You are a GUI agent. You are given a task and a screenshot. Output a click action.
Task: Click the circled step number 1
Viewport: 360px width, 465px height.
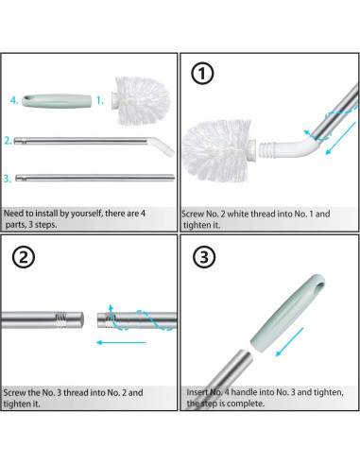coord(202,74)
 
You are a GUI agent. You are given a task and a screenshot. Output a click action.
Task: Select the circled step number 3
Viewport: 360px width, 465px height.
coord(204,256)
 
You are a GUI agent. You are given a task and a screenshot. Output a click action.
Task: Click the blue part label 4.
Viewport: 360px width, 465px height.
coord(14,100)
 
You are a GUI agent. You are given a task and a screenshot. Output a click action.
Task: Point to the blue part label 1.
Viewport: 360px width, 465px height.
coord(99,100)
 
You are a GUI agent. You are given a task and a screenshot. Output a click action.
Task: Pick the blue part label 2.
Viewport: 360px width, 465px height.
coord(8,141)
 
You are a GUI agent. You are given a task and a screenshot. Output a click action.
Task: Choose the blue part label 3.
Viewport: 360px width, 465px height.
coord(8,179)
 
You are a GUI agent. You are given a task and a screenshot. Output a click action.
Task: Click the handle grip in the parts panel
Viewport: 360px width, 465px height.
coord(57,101)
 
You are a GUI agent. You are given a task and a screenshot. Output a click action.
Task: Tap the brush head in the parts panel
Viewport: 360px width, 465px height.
coord(141,100)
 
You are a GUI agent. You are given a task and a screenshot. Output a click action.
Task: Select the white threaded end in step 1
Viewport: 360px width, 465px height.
coord(266,150)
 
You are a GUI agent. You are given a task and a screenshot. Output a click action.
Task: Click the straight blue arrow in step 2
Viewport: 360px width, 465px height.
coord(121,342)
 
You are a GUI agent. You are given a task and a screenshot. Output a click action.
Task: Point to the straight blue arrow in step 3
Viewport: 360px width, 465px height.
coord(289,342)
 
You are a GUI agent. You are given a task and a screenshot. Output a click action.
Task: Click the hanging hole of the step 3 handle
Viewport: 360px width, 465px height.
coord(319,288)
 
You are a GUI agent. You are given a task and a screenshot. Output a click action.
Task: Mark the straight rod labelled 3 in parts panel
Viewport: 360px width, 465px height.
coord(94,178)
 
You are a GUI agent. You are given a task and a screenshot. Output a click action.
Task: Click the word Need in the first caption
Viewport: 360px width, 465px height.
coord(13,214)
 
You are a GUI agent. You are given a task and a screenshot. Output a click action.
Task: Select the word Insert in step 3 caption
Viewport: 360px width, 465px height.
coord(197,392)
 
